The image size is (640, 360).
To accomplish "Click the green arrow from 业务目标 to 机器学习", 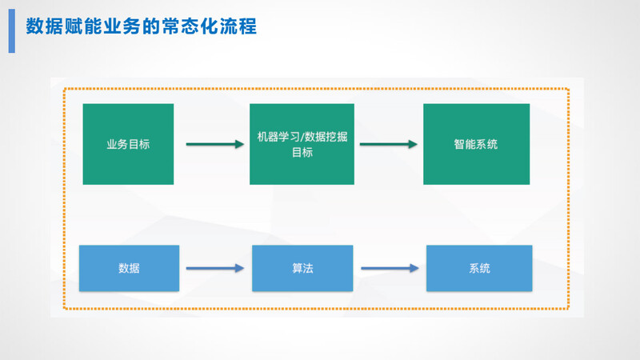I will (x=214, y=145).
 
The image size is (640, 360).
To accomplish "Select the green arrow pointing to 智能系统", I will (x=389, y=145).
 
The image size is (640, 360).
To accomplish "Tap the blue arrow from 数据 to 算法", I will (x=214, y=269).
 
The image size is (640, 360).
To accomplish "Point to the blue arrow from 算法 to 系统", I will (x=389, y=269).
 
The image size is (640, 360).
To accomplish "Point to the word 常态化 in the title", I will (x=190, y=26).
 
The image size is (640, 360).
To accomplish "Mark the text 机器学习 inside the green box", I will (x=277, y=138).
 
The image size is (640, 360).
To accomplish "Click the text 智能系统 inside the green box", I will (x=476, y=145).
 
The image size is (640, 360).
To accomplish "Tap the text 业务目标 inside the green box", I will (x=128, y=145).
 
